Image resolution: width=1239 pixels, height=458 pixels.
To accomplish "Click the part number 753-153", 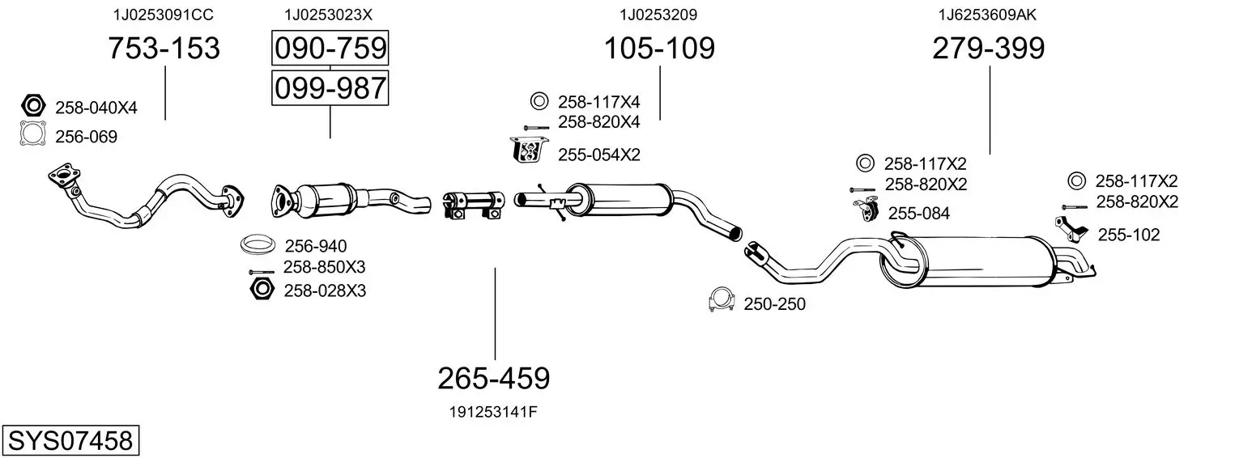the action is (164, 48).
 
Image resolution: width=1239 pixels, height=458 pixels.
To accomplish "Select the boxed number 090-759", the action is (330, 48).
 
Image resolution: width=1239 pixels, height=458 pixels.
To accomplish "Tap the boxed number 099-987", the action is (330, 88).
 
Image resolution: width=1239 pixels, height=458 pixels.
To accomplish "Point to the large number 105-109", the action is (659, 48).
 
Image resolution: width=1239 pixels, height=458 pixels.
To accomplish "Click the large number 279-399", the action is (989, 48).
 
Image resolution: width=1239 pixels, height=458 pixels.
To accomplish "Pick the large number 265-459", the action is (494, 379).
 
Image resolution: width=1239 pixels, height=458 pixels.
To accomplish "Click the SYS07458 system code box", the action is (70, 440).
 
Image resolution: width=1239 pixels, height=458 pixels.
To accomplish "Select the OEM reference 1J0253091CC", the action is (163, 15).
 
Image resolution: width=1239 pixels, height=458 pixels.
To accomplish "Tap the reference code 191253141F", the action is (493, 412).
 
